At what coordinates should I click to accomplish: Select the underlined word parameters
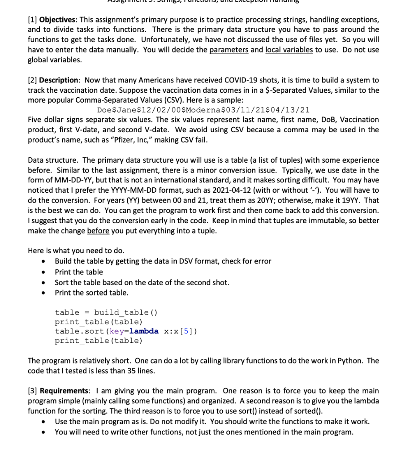[229, 50]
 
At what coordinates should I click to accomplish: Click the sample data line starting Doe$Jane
[203, 110]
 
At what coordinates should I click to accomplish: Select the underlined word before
[98, 230]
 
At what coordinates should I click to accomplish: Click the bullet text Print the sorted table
[91, 293]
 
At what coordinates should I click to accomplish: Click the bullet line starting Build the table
[163, 261]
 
